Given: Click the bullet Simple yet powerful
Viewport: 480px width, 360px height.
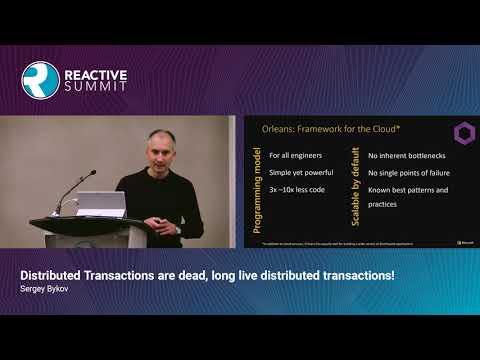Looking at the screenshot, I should coord(300,173).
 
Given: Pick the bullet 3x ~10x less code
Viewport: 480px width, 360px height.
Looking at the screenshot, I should coord(297,189).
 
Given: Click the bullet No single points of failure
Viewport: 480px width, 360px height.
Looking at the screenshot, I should coord(410,173).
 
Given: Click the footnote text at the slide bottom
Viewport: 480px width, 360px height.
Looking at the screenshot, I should coord(334,243).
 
